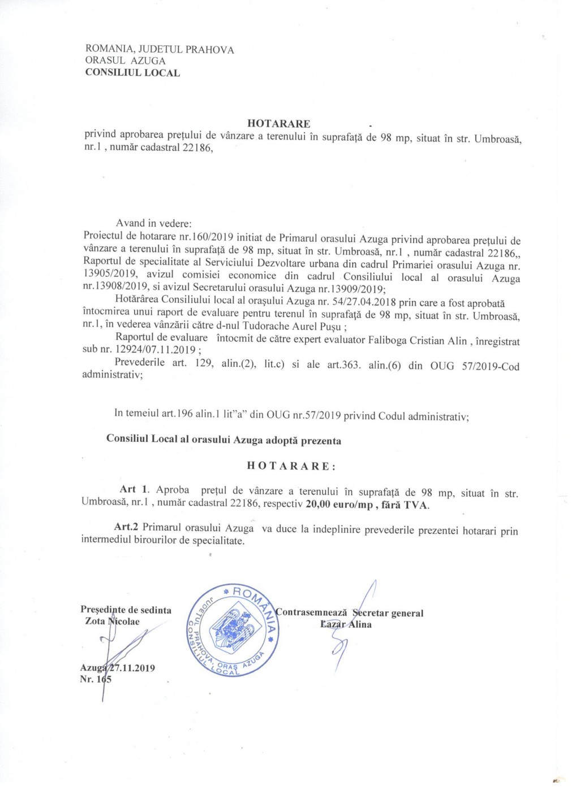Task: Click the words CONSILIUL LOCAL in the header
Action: [x=132, y=72]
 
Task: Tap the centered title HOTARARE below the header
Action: [x=278, y=124]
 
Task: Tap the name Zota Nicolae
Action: [x=112, y=621]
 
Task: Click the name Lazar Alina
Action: [x=346, y=624]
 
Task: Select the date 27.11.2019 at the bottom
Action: [x=133, y=668]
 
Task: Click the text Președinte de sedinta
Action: [x=126, y=610]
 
